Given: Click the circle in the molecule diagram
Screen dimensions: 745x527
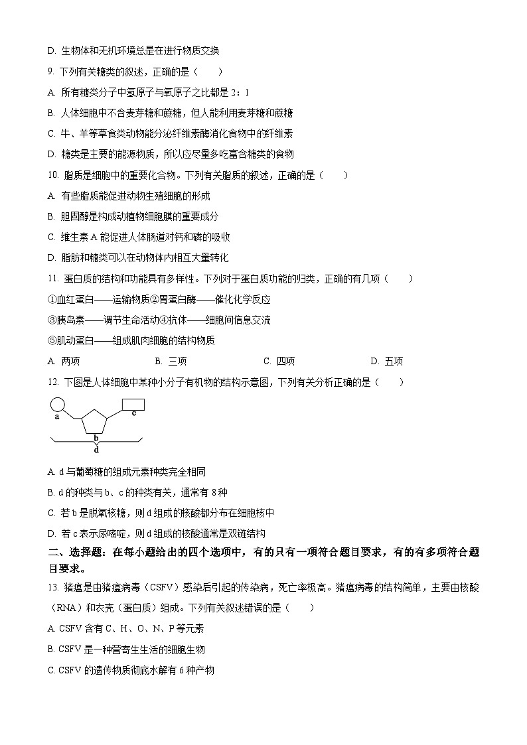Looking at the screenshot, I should coord(58,404).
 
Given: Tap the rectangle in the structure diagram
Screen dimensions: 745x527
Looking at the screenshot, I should coord(133,404).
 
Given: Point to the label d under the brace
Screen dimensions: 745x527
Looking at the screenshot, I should coord(96,450).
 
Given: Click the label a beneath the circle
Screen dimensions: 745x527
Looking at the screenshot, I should coord(57,417).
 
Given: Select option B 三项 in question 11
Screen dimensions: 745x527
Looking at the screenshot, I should coord(171,362).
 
